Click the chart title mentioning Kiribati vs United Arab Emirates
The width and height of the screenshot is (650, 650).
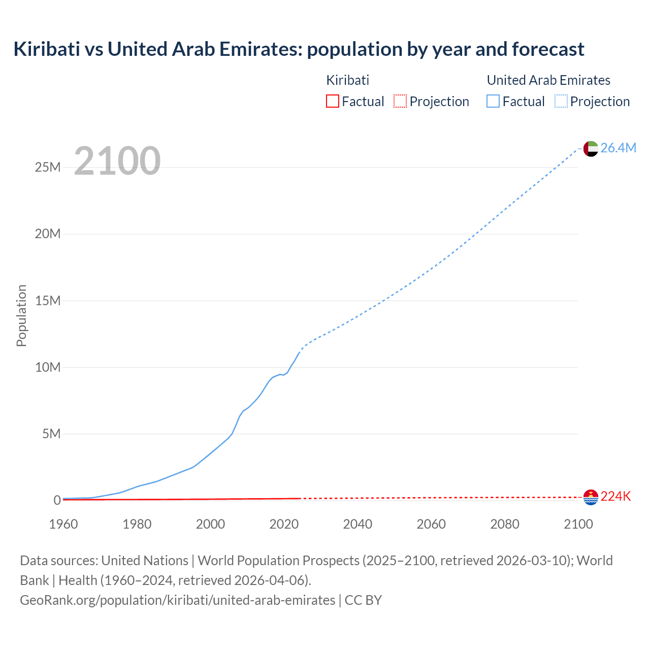coord(299,49)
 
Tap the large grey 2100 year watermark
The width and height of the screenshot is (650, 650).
coord(117,161)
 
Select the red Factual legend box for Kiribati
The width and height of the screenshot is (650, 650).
coord(332,101)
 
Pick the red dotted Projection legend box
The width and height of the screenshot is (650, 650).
coord(400,101)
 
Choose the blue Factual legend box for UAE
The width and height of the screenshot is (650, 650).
coord(493,101)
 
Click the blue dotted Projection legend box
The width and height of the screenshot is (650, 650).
coord(561,101)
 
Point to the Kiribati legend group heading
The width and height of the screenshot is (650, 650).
coord(347,80)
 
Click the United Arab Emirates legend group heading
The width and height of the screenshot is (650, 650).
coord(548,80)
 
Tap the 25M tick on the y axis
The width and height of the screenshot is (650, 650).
coord(48,167)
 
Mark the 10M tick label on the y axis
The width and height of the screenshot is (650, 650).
coord(48,367)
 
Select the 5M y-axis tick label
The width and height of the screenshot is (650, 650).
coord(51,434)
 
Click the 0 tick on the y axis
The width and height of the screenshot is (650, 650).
coord(57,500)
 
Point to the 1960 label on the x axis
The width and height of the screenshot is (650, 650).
coord(63,524)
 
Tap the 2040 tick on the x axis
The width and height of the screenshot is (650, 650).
coord(357,524)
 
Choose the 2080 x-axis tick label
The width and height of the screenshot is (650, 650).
coord(505,524)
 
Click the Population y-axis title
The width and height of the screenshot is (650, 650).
coord(21,315)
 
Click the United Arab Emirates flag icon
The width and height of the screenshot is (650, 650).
coord(591,148)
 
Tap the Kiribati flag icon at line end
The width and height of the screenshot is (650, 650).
coord(591,497)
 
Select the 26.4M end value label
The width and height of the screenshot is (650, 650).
coord(618,148)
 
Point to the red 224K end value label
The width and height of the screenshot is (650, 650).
coord(615,497)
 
